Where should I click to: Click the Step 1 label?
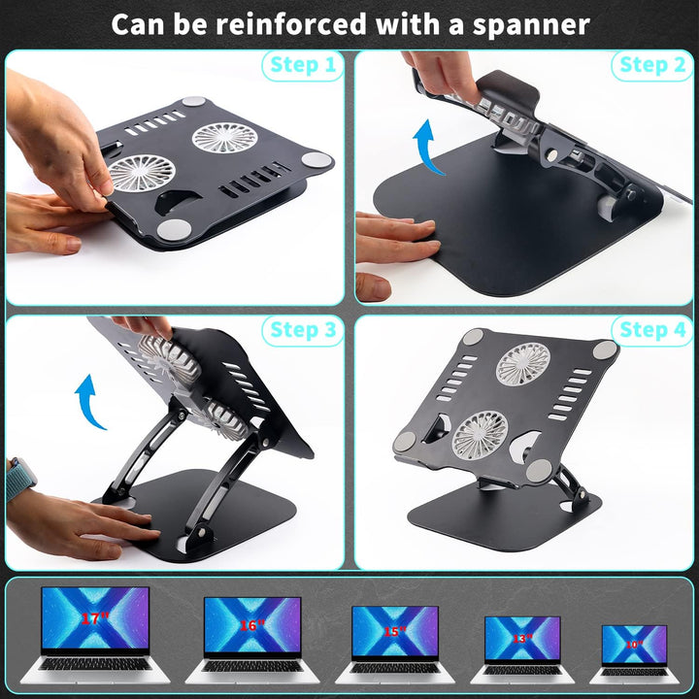click(x=301, y=66)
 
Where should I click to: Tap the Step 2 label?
click(x=652, y=66)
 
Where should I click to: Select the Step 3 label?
click(x=303, y=330)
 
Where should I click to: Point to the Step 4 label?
click(x=652, y=330)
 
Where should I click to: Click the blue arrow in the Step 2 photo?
click(x=427, y=146)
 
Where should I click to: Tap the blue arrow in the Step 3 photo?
click(x=90, y=403)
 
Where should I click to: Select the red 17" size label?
click(x=94, y=617)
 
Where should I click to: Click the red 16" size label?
click(x=251, y=625)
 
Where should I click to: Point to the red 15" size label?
click(x=394, y=631)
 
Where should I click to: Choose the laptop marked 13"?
click(x=523, y=645)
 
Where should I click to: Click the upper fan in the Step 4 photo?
click(x=523, y=363)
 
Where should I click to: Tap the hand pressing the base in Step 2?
click(x=398, y=238)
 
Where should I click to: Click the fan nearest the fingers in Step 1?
click(x=142, y=173)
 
